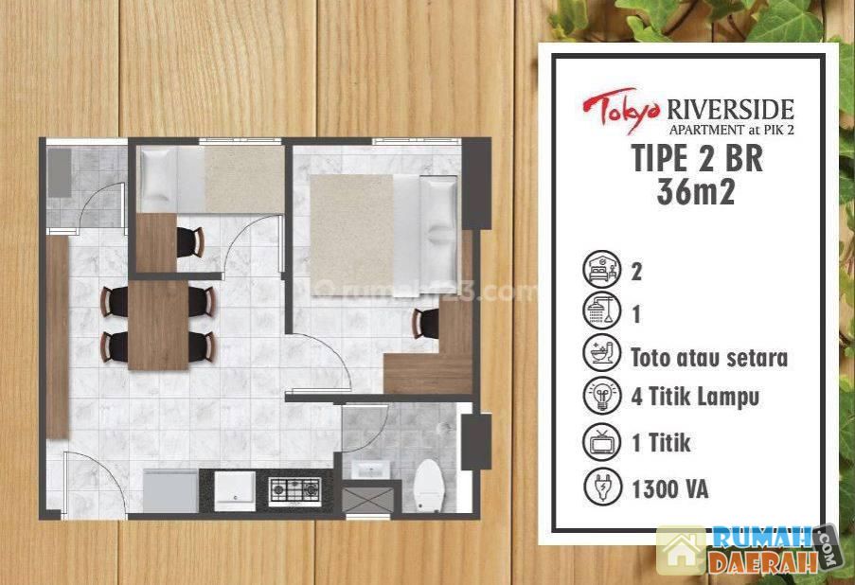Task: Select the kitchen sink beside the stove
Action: [235, 491]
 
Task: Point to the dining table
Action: [158, 325]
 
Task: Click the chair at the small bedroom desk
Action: [190, 241]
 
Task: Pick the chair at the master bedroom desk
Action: [426, 323]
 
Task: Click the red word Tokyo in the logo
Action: [623, 110]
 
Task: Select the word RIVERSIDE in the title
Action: [730, 110]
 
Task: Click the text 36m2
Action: [696, 192]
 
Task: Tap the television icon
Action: [601, 442]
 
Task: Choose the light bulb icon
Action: [601, 396]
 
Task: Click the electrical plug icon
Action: [601, 487]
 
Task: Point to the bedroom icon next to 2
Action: [601, 270]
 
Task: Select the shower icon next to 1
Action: [601, 311]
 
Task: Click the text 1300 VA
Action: [670, 489]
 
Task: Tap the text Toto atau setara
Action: [709, 358]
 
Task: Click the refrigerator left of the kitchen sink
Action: [170, 490]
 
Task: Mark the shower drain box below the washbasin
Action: [367, 501]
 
